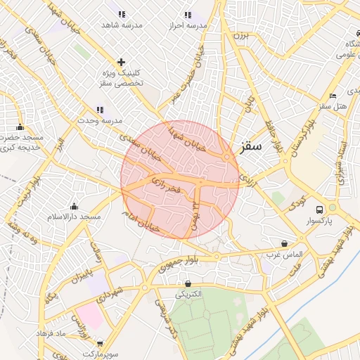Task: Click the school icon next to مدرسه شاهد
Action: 122,14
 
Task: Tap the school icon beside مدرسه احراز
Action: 187,14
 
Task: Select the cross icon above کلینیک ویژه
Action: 121,62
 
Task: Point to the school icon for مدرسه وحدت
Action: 99,110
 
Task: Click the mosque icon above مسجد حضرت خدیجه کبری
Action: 20,127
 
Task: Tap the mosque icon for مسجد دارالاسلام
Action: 74,206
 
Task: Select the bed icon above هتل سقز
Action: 333,96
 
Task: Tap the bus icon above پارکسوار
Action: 320,210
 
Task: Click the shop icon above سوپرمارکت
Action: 100,344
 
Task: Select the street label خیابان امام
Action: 141,220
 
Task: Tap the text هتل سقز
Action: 333,106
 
